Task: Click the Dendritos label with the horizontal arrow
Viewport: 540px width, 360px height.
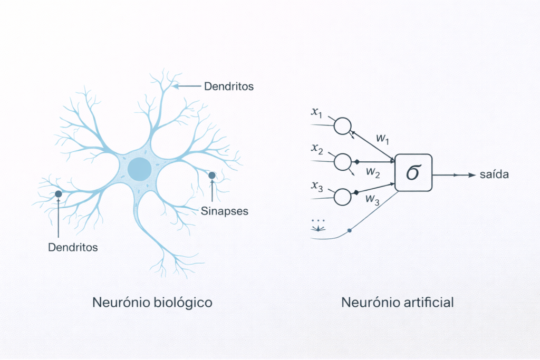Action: tap(229, 86)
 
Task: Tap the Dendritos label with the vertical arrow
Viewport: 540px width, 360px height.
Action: tap(73, 247)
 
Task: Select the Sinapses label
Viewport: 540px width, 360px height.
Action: tap(224, 211)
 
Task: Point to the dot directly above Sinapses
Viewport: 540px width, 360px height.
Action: tap(212, 175)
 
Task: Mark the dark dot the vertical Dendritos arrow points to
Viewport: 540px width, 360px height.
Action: tap(59, 194)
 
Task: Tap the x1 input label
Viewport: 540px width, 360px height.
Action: tap(319, 112)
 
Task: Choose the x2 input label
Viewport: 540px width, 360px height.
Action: tap(317, 149)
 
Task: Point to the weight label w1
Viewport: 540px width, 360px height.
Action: tap(382, 139)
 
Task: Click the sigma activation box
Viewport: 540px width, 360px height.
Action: tap(413, 173)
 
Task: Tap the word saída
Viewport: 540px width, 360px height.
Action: tap(494, 175)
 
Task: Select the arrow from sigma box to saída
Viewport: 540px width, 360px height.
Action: tap(454, 175)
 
